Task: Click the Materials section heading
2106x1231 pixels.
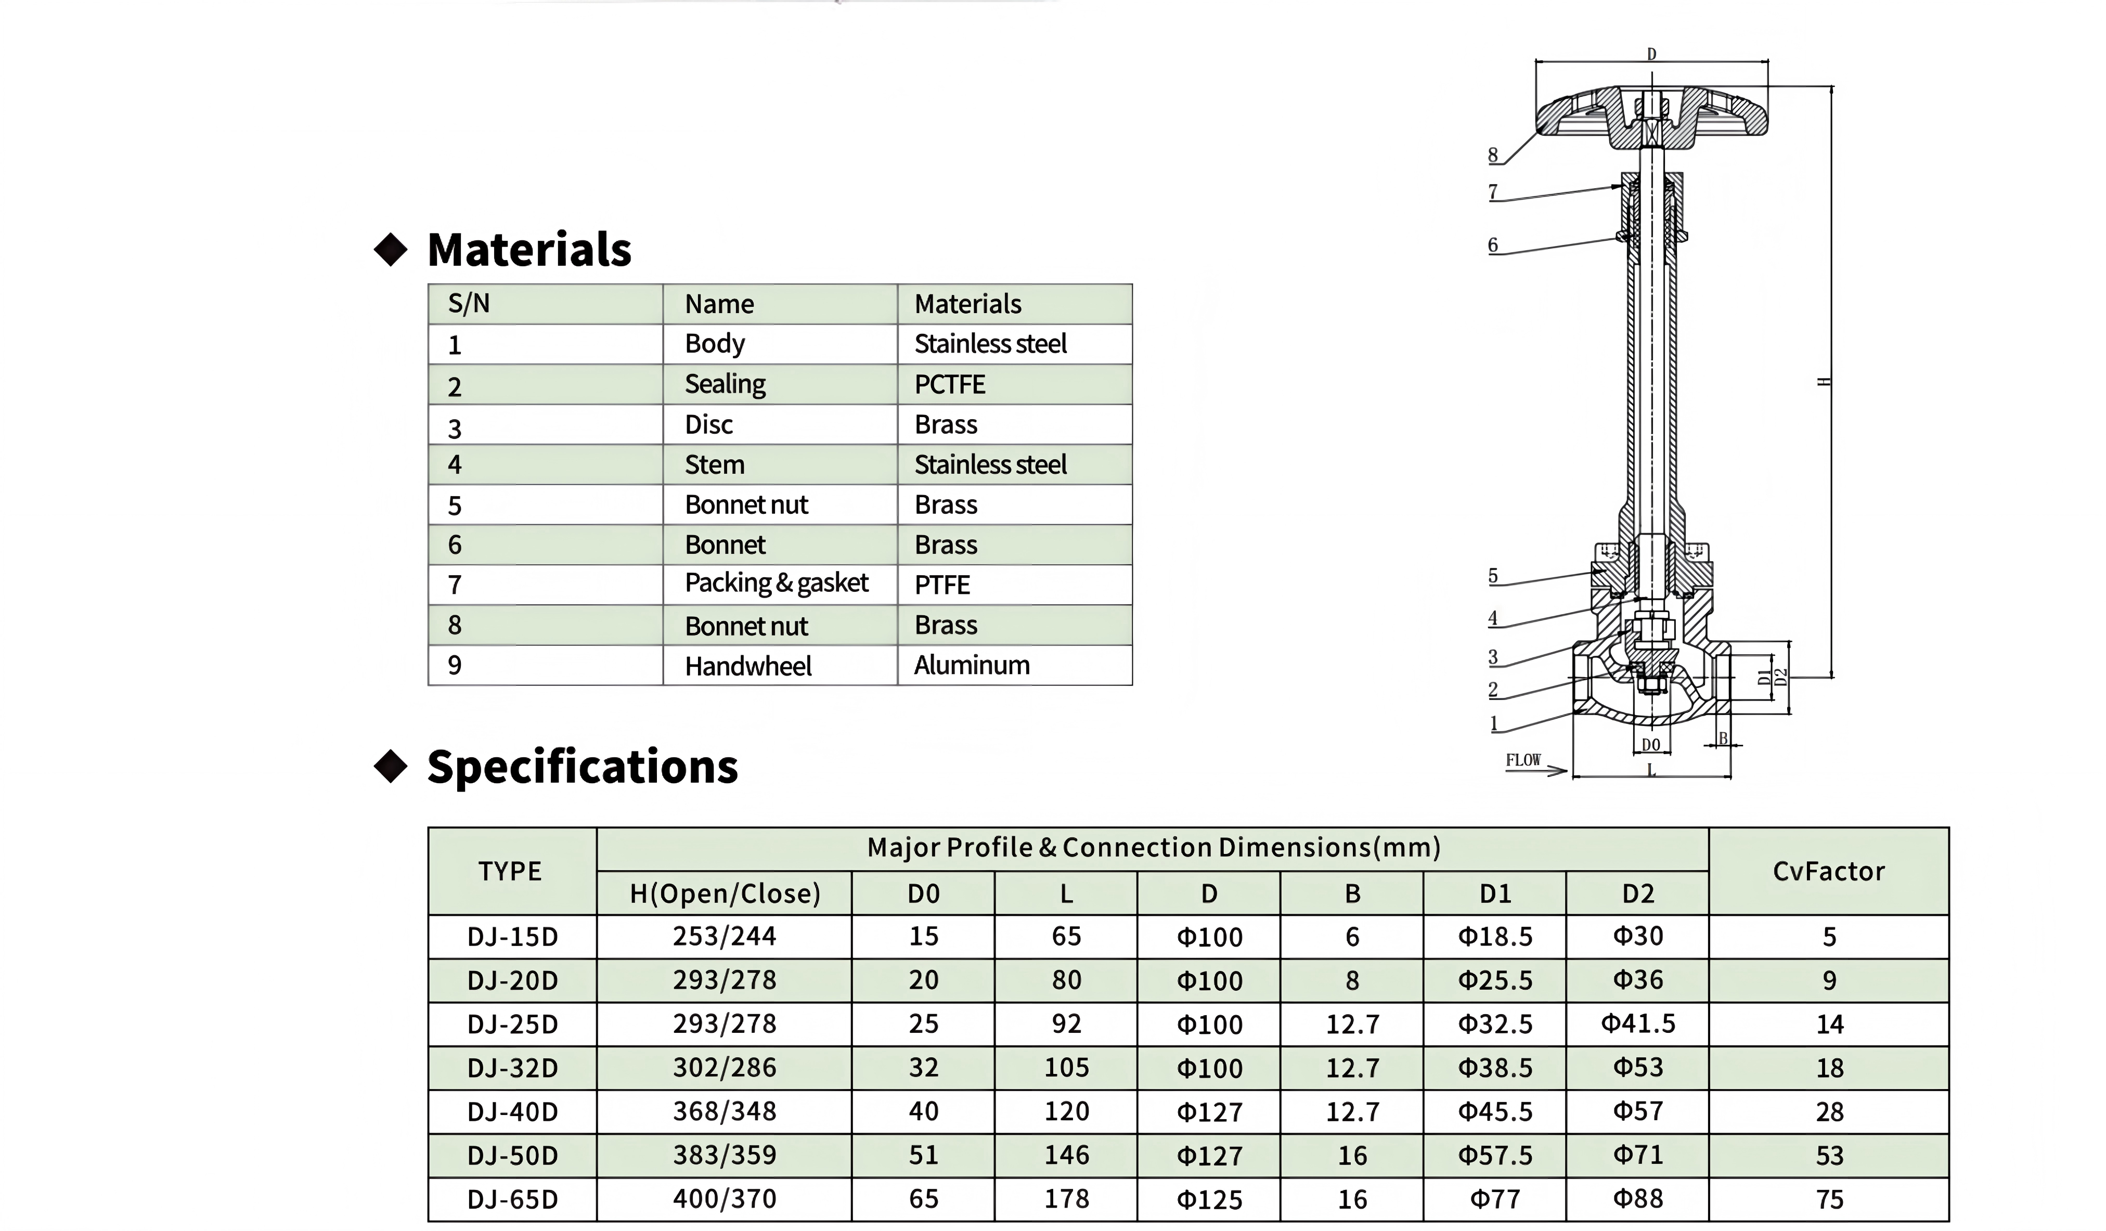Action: coord(529,249)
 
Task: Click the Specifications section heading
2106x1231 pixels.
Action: coord(583,767)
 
